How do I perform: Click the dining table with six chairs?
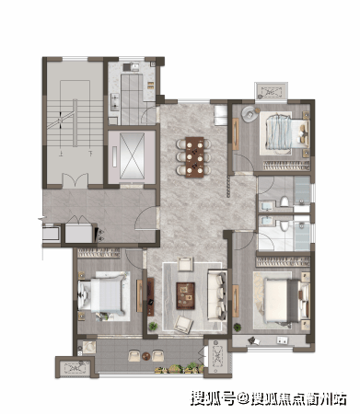point(194,157)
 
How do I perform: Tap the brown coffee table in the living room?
point(185,295)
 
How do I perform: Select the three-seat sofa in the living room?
point(217,295)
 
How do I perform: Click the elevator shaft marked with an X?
point(132,155)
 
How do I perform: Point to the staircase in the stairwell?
point(75,123)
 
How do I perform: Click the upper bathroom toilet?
point(285,201)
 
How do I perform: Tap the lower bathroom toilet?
point(285,226)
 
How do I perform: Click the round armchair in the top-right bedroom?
point(250,114)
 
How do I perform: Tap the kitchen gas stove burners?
point(115,102)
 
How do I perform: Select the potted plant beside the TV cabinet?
point(153,326)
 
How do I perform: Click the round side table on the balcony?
point(146,356)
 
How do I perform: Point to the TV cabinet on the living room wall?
point(150,296)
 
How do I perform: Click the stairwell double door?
point(75,180)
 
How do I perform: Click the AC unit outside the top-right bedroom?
point(271,91)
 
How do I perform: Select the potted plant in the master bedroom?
point(238,328)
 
